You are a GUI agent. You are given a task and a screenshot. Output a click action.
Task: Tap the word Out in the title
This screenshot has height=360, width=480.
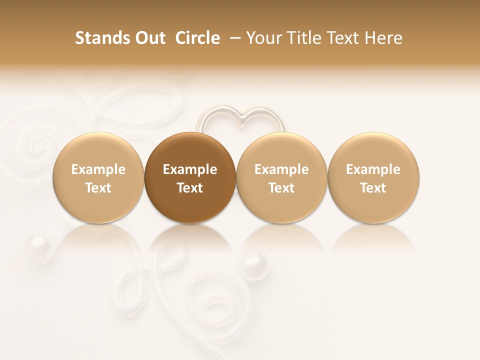(x=148, y=38)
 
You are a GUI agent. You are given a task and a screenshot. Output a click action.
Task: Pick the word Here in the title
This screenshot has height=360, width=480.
(x=384, y=38)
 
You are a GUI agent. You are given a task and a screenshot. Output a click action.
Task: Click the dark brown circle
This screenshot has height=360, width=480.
(x=190, y=178)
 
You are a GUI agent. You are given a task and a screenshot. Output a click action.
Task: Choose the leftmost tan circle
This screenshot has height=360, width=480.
(x=98, y=178)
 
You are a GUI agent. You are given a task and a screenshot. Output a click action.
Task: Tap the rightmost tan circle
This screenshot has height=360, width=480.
(x=373, y=178)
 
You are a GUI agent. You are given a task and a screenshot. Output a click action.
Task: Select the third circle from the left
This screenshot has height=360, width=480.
(x=281, y=178)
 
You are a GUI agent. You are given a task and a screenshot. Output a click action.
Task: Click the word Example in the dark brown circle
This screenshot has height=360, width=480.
(x=190, y=169)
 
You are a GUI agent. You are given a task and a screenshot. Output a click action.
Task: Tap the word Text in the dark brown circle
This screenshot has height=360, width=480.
(x=190, y=188)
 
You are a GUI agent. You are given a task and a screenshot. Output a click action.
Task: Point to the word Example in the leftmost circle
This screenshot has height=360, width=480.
(x=98, y=169)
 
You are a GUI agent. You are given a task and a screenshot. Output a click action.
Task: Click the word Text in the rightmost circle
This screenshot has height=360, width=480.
(x=373, y=188)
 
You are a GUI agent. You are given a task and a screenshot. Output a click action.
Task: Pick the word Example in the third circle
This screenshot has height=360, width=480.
(x=281, y=169)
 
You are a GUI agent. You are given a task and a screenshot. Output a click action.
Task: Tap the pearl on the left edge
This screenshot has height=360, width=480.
(x=39, y=246)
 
